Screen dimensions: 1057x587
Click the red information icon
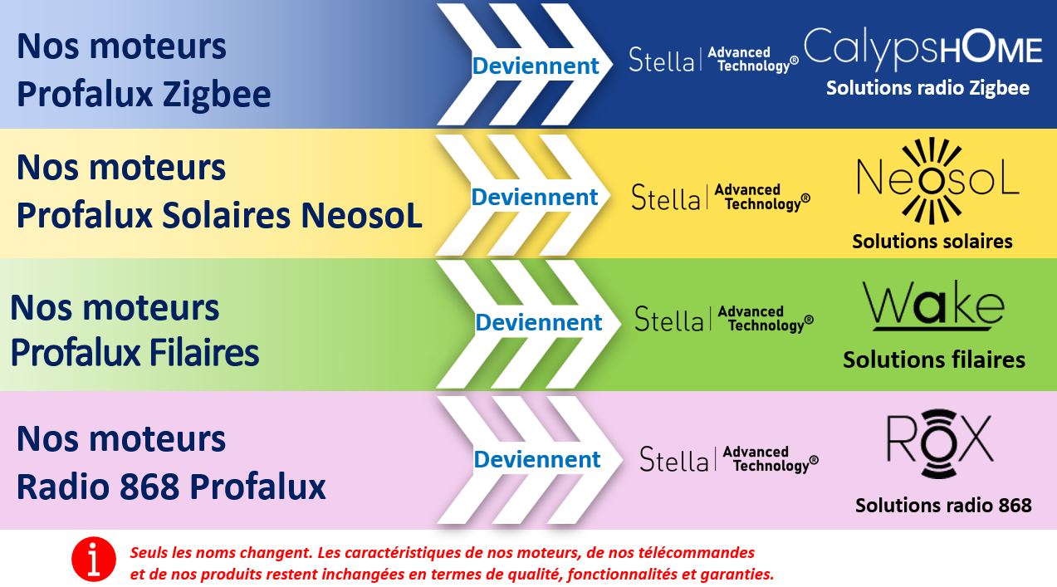pyautogui.click(x=94, y=559)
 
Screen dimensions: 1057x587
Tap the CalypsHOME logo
pyautogui.click(x=923, y=49)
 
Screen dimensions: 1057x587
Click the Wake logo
pyautogui.click(x=934, y=306)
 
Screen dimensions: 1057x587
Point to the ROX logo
pyautogui.click(x=940, y=443)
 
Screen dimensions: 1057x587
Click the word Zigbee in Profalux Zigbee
pyautogui.click(x=217, y=95)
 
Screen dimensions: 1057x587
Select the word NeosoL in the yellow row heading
pyautogui.click(x=361, y=216)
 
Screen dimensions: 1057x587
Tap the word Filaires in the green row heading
pyautogui.click(x=204, y=353)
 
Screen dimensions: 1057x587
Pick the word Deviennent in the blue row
pyautogui.click(x=536, y=66)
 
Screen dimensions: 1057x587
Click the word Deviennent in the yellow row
pyautogui.click(x=535, y=197)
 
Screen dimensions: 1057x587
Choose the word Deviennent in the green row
pyautogui.click(x=538, y=322)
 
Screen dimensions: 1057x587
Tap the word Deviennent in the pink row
pyautogui.click(x=537, y=459)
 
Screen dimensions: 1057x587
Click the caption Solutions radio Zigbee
pyautogui.click(x=927, y=88)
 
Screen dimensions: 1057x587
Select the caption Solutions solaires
pyautogui.click(x=932, y=241)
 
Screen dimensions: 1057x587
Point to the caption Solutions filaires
pyautogui.click(x=934, y=360)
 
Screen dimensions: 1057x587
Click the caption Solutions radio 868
pyautogui.click(x=943, y=506)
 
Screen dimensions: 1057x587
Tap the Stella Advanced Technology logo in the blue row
pyautogui.click(x=713, y=60)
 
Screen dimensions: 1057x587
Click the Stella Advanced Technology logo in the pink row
pyautogui.click(x=729, y=459)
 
